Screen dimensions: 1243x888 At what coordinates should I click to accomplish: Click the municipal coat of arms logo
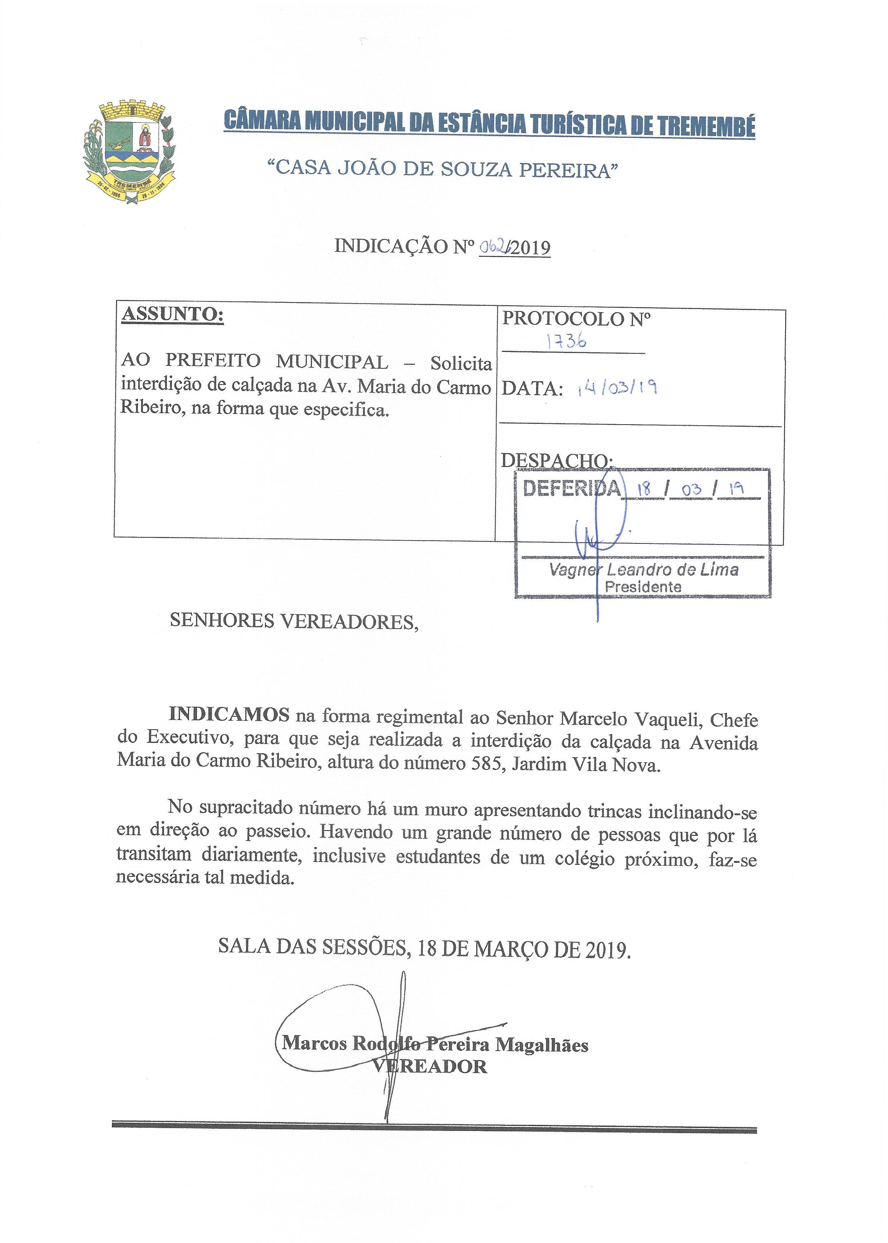[x=129, y=152]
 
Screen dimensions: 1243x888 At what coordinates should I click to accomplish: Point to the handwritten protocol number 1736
[x=566, y=342]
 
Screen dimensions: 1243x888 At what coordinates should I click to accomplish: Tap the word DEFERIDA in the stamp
[x=572, y=488]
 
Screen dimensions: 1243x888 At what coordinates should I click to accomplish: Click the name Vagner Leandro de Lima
[x=643, y=570]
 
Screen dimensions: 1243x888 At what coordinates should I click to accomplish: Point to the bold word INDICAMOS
[x=229, y=715]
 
